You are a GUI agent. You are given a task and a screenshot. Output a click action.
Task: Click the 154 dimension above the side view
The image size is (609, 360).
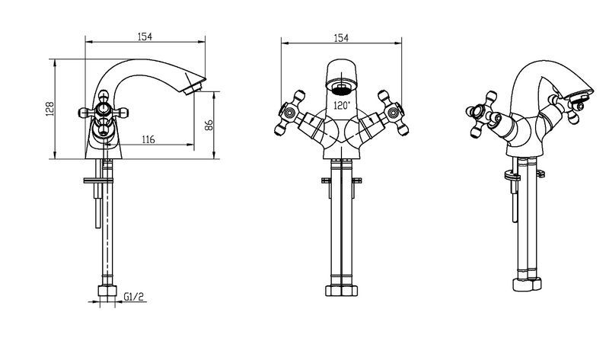[x=145, y=37]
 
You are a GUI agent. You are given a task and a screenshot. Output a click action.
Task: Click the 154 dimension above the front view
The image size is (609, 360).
[x=341, y=37]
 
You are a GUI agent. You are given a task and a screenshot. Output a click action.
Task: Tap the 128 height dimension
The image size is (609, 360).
[x=50, y=109]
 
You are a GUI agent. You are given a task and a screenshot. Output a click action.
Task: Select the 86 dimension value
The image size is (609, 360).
[x=209, y=125]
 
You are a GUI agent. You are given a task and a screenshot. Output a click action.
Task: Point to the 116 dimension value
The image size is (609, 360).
[x=148, y=139]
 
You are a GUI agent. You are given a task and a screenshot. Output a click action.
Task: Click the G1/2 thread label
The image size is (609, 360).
[x=134, y=297]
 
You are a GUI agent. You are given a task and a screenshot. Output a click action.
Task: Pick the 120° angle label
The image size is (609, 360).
[x=342, y=105]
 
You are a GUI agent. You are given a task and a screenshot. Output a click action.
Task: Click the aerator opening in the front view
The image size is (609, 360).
[x=341, y=90]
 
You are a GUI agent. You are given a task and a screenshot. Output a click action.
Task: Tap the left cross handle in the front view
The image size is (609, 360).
[x=290, y=113]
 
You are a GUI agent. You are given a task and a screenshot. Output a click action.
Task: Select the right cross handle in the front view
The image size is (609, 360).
[x=393, y=113]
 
